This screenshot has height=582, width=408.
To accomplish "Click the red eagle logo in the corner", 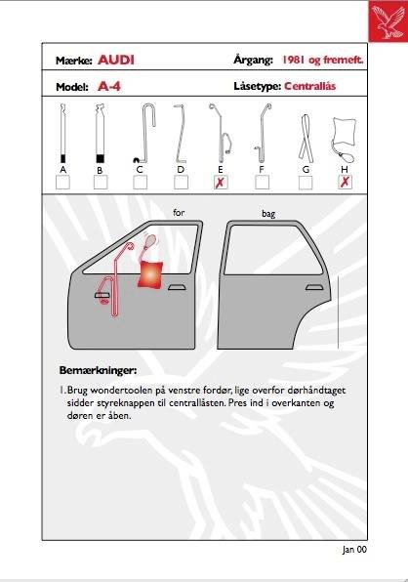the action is click(x=388, y=21).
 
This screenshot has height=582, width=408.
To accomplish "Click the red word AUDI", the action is click(x=116, y=60).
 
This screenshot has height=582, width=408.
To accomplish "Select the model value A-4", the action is click(x=109, y=87).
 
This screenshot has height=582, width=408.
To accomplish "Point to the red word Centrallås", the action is click(x=310, y=86).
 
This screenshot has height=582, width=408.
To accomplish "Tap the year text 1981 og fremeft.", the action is click(x=323, y=60).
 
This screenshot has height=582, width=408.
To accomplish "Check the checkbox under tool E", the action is click(x=221, y=183).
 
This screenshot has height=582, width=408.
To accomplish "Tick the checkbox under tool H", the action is click(x=345, y=183).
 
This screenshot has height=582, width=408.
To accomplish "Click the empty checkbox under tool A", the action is click(x=62, y=183).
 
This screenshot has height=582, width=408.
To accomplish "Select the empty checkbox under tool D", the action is click(x=181, y=183).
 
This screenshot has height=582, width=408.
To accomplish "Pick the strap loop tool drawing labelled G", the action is click(x=306, y=137).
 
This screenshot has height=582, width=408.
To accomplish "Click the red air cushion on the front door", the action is click(x=150, y=274).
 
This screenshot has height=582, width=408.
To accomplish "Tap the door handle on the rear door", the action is click(x=313, y=287).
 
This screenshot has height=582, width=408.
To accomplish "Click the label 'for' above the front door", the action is click(x=179, y=213).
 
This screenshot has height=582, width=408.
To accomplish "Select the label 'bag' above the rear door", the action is click(x=268, y=214).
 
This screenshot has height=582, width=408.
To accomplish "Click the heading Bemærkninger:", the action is click(x=98, y=370).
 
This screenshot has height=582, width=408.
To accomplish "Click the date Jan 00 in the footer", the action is click(x=354, y=550).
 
